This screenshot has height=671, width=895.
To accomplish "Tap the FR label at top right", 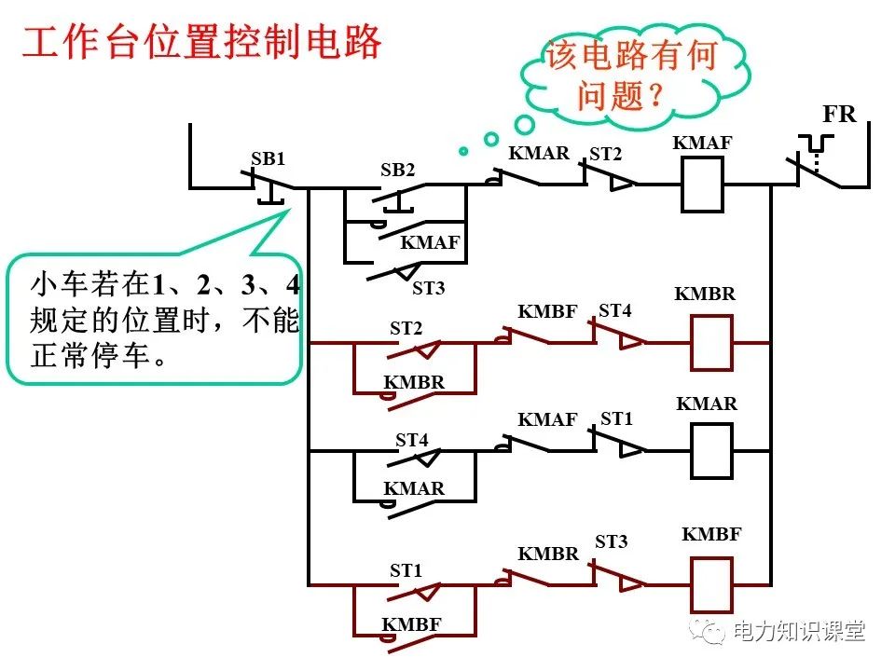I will coord(838,115).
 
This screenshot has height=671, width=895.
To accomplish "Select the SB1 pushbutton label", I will coord(268,158).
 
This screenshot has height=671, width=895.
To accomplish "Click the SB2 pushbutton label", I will coord(397,171).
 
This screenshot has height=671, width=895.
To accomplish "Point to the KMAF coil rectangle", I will coord(703,185).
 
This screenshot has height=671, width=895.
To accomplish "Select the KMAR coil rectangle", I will coord(710,452).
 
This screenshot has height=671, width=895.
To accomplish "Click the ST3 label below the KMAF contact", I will coord(428,288).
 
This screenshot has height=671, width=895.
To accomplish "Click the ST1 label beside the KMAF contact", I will coord(616,419).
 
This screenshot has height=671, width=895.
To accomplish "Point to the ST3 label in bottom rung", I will coord(612,541).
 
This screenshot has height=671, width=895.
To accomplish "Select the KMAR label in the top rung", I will coord(538,153).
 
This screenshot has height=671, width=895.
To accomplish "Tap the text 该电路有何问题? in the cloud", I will coord(631,75).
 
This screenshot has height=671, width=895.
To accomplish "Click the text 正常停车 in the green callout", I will coord(89,356).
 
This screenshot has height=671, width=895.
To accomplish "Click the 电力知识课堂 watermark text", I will coord(799,631).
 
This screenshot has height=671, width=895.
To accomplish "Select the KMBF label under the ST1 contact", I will coord(410,624).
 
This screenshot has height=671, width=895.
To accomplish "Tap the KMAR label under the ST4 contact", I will coord(414,488).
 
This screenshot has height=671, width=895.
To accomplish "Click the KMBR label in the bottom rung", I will coord(548,553).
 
